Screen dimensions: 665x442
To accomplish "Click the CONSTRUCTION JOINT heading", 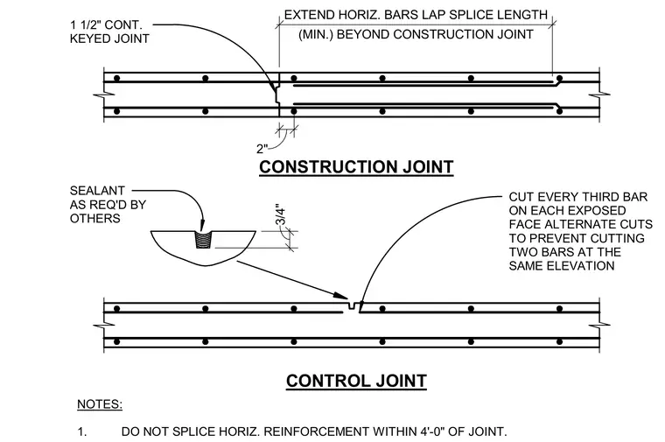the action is pyautogui.click(x=356, y=166).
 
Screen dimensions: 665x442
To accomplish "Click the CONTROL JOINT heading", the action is pyautogui.click(x=356, y=381).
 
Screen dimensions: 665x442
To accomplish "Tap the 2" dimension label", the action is pyautogui.click(x=262, y=149).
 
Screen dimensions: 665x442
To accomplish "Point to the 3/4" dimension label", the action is pyautogui.click(x=280, y=215).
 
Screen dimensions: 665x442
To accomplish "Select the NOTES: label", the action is pyautogui.click(x=100, y=404).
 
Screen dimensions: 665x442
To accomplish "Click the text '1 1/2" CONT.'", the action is pyautogui.click(x=106, y=25).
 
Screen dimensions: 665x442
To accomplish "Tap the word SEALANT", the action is pyautogui.click(x=97, y=191).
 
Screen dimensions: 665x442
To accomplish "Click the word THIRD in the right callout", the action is pyautogui.click(x=602, y=197).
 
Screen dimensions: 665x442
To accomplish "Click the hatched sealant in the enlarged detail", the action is pyautogui.click(x=203, y=240).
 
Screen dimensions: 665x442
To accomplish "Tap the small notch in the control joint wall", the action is pyautogui.click(x=351, y=305).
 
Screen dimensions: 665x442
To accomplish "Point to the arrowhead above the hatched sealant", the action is pyautogui.click(x=203, y=225).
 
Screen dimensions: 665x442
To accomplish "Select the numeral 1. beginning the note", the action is pyautogui.click(x=82, y=431).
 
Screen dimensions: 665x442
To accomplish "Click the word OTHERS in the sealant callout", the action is pyautogui.click(x=95, y=219).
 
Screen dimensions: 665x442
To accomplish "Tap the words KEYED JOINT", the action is pyautogui.click(x=109, y=39).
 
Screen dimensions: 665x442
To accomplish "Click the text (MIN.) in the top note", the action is pyautogui.click(x=315, y=34).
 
